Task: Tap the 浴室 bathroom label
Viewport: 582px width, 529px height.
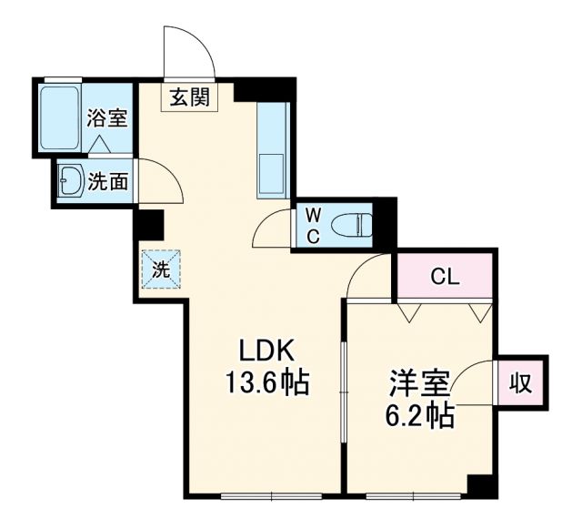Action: pos(105,117)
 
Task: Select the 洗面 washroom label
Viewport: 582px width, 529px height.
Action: pos(107,181)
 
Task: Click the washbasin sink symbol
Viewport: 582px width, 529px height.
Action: pos(70,180)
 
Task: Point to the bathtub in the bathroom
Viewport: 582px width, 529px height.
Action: pos(61,117)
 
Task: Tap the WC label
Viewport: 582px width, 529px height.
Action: pos(312,223)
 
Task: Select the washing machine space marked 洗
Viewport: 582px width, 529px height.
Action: pos(160,270)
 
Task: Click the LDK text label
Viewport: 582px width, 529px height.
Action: pos(265,350)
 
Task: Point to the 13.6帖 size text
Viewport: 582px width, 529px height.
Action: pos(267,383)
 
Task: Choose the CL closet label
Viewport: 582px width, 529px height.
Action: pos(445,276)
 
